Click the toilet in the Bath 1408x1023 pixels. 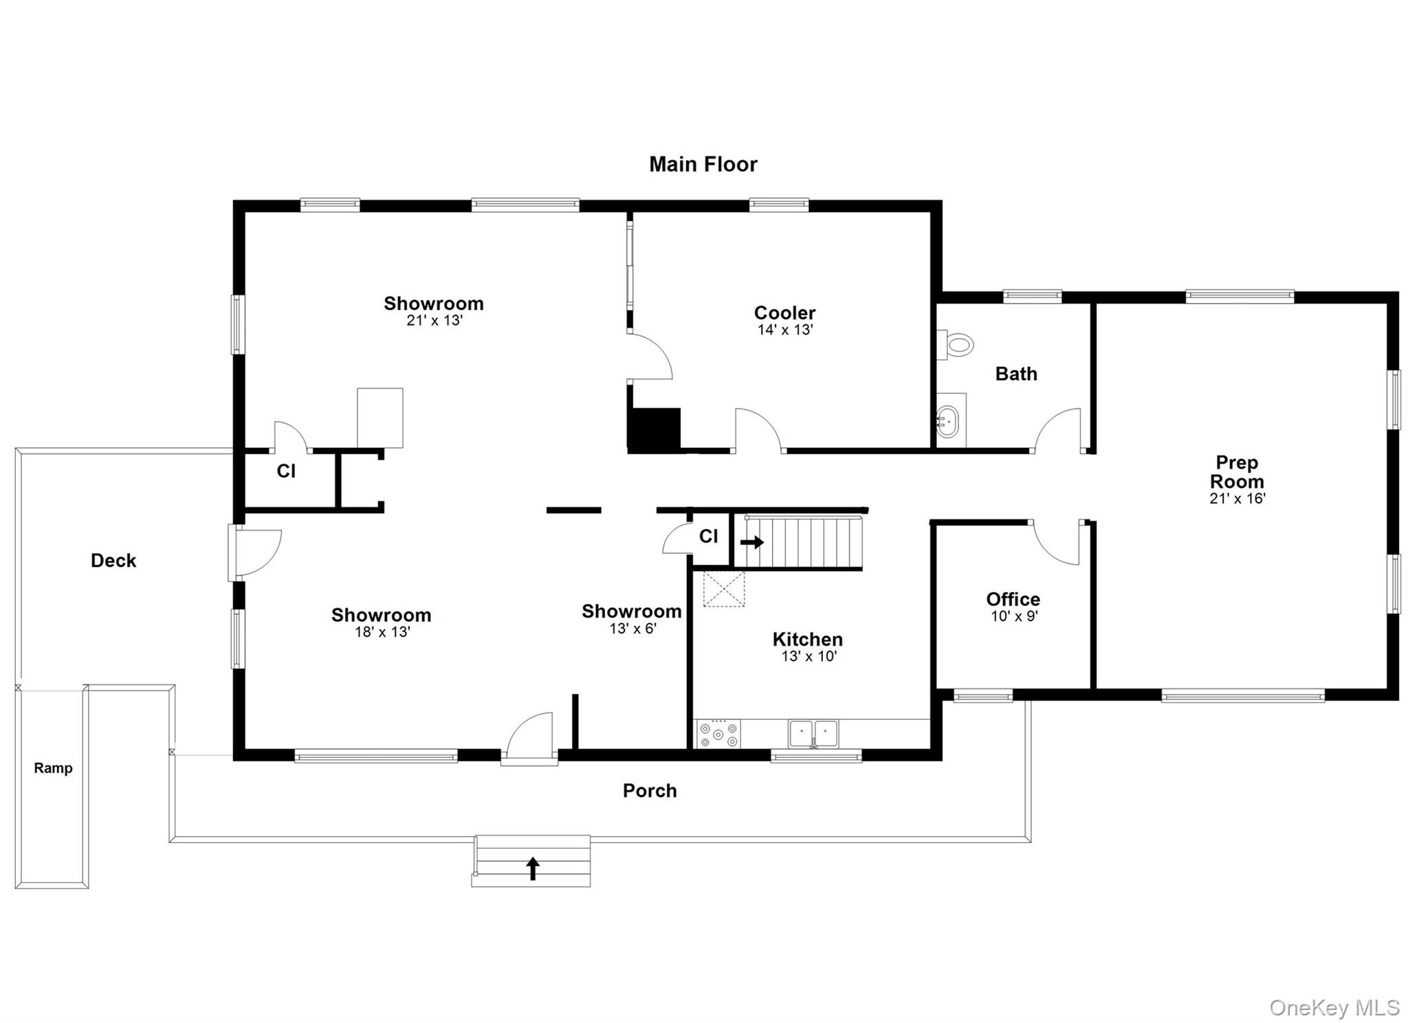pos(956,344)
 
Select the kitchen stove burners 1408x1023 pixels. pos(718,734)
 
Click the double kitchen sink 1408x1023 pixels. pos(813,733)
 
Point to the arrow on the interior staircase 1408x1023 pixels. pos(752,542)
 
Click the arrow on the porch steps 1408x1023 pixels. pos(532,868)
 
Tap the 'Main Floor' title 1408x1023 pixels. pos(703,164)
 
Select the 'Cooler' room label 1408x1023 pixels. pos(784,313)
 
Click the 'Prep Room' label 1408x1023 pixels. pos(1237,472)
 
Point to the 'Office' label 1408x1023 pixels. pos(1013,599)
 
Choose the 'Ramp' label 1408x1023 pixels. pos(53,768)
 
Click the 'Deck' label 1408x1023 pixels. pos(113,561)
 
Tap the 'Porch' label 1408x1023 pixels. pos(650,791)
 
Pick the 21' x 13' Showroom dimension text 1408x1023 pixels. pos(434,320)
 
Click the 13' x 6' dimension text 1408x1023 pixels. pos(632,628)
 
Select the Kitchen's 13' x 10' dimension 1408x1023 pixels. pos(808,656)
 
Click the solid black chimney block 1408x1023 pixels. pos(654,429)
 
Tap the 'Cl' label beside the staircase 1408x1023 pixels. pos(708,536)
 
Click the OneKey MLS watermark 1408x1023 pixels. pos(1334,1008)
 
